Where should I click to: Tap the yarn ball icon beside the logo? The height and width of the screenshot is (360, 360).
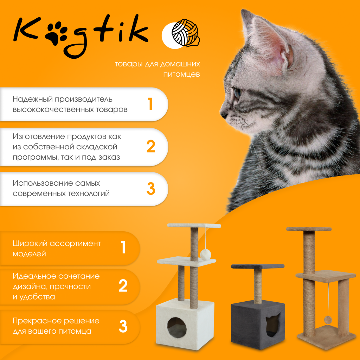(x=186, y=33)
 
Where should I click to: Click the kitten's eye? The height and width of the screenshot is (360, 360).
(x=237, y=92)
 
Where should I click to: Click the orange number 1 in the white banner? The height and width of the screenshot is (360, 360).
(x=150, y=104)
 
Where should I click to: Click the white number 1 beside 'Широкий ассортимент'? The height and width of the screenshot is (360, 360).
(x=123, y=247)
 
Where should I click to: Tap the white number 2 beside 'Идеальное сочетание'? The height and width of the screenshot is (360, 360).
(x=123, y=285)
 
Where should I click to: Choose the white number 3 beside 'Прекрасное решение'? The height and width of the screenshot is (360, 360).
(x=123, y=326)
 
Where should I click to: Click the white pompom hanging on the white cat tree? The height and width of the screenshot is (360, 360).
(x=205, y=255)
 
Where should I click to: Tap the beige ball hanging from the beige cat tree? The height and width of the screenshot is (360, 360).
(x=328, y=320)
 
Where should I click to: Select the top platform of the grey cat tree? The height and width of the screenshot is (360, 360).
(x=258, y=266)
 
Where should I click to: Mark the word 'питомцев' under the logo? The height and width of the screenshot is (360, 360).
(x=181, y=75)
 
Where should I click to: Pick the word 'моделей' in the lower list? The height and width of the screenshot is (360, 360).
(x=29, y=254)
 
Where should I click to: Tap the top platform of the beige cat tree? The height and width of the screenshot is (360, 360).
(x=309, y=229)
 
